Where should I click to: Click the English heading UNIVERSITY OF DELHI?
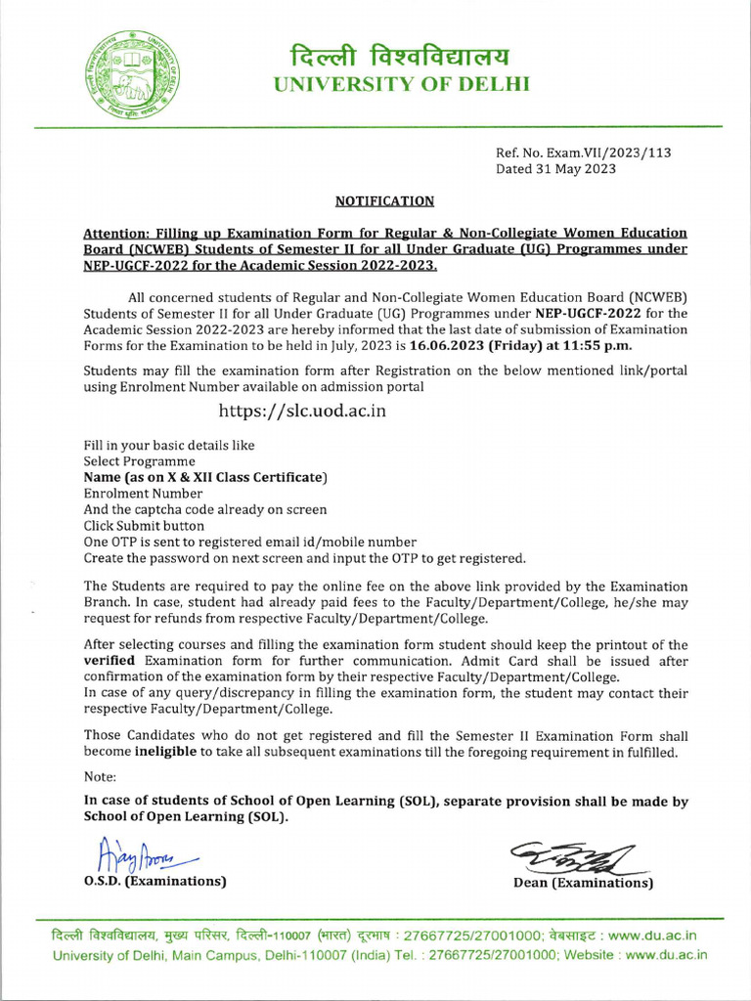400,85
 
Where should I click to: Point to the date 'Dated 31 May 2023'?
555,169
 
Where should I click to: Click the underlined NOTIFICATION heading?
384,201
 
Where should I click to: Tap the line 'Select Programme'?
139,461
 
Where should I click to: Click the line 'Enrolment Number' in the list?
143,494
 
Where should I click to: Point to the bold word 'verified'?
113,662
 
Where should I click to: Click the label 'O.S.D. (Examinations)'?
155,882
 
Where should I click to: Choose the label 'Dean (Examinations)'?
583,883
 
